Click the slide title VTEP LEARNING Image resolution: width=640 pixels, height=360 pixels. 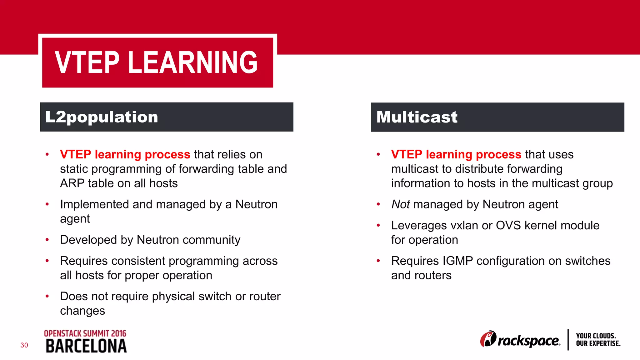(156, 62)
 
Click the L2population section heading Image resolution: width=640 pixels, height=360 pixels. (102, 117)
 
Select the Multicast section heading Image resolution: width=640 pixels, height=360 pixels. (417, 117)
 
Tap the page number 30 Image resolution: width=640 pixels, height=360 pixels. (24, 345)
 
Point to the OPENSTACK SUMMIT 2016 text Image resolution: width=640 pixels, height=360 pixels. (85, 333)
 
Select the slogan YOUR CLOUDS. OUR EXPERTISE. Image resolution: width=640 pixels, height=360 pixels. (598, 340)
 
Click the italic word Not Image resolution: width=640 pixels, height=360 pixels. (400, 204)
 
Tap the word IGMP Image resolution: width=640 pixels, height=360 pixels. (457, 261)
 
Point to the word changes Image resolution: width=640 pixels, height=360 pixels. (82, 311)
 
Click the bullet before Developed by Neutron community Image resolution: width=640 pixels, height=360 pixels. (47, 240)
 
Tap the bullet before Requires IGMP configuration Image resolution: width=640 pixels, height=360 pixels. (378, 261)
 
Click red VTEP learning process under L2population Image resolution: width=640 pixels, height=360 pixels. (125, 155)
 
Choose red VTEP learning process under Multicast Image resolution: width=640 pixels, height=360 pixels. (456, 155)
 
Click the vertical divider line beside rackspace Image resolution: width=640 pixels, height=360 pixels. (568, 340)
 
